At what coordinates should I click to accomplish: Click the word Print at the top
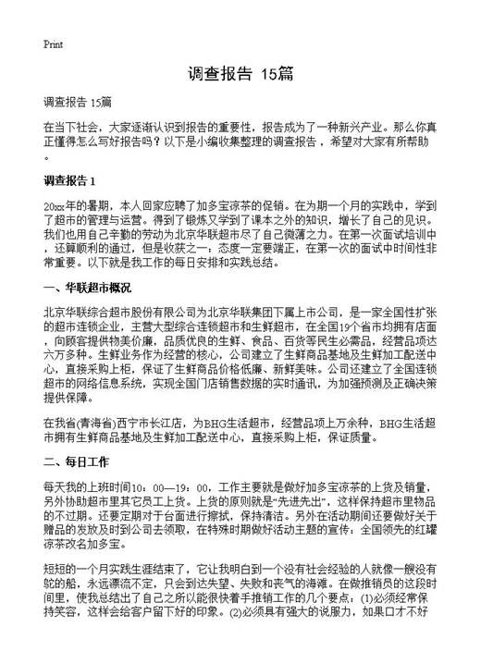(x=53, y=43)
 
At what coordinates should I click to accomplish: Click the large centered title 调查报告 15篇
(x=240, y=73)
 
